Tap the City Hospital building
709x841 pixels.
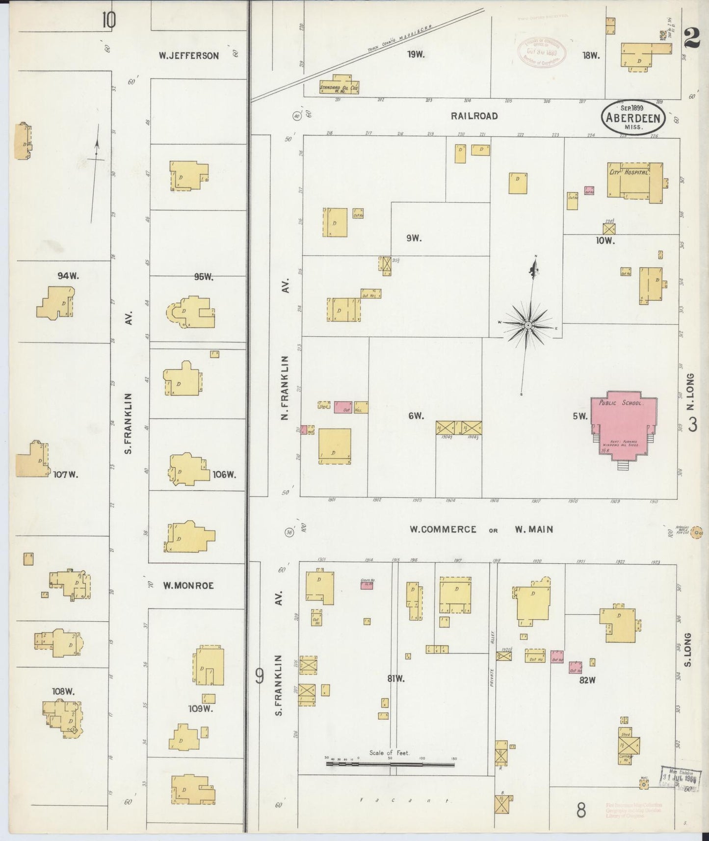(634, 181)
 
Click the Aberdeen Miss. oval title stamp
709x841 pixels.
(633, 117)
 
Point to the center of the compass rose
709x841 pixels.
(527, 325)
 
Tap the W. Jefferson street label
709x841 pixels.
(188, 56)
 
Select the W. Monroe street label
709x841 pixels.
(188, 585)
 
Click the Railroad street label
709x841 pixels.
(474, 116)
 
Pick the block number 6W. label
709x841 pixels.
(416, 416)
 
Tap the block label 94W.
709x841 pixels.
(68, 276)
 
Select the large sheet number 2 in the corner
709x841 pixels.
(692, 37)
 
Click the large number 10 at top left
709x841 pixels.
(108, 21)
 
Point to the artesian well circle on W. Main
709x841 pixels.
(695, 535)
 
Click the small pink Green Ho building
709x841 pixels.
(367, 585)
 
